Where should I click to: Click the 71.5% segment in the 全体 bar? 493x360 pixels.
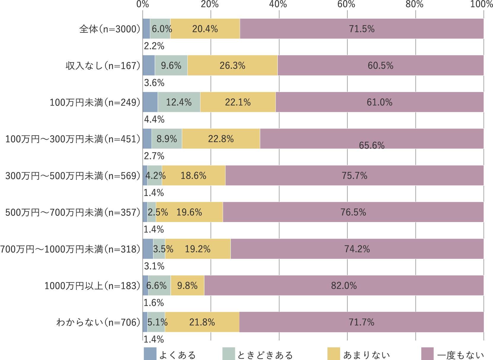361,29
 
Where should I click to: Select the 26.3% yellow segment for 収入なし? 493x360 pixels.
232,65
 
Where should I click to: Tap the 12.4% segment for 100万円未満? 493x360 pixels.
179,102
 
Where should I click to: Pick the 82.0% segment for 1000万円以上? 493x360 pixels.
344,285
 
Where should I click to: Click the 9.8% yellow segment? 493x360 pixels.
187,285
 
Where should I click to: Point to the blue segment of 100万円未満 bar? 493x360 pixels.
150,102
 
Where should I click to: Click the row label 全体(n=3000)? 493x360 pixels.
110,29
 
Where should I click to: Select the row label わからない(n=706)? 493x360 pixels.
98,322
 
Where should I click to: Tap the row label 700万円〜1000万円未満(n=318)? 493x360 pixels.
70,249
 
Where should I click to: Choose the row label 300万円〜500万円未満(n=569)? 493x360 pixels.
73,176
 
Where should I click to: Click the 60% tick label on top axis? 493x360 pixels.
346,4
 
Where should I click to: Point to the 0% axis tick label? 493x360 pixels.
143,4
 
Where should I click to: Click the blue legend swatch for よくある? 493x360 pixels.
150,354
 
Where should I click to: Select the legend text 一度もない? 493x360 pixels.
461,355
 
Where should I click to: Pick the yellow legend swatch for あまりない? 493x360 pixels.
334,354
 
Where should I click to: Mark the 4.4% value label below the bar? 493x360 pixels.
154,119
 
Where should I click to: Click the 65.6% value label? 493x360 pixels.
372,145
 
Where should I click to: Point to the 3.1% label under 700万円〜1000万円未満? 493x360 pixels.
154,266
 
